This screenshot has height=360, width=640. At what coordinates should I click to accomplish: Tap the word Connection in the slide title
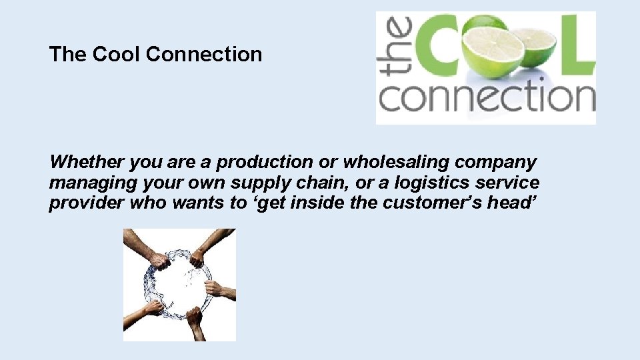coord(204,54)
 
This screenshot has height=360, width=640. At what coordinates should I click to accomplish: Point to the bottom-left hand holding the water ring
coord(152,309)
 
